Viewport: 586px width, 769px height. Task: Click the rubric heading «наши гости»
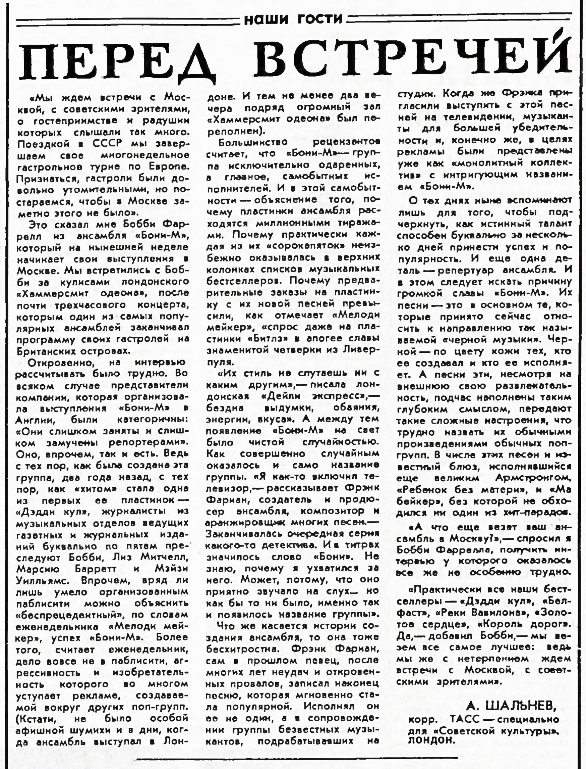pyautogui.click(x=293, y=19)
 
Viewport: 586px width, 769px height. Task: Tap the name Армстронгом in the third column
pyautogui.click(x=533, y=478)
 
